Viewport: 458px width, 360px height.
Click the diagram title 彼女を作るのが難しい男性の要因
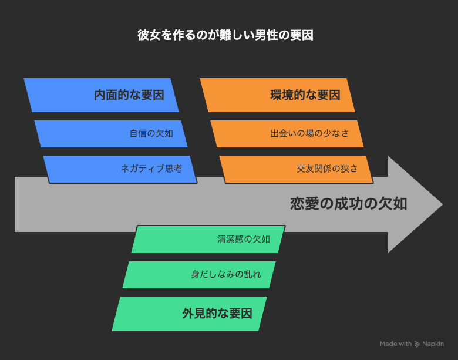225,35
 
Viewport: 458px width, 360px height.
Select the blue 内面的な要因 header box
101,95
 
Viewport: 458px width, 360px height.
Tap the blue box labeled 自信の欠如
111,134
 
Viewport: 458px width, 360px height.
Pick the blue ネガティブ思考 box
120,170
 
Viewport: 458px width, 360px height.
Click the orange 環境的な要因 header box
277,95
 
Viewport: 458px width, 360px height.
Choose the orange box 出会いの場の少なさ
287,134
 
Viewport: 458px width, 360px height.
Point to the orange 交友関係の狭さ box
296,170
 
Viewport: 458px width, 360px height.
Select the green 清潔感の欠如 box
208,240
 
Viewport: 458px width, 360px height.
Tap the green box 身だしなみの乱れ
199,275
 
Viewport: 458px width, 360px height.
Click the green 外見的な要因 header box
189,314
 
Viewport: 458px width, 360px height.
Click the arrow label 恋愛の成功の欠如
348,204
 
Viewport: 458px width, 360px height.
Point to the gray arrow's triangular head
415,204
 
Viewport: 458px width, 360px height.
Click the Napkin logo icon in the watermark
417,344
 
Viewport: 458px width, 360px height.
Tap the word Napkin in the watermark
433,344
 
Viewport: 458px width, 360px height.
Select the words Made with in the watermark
396,344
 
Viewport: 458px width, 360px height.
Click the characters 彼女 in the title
149,35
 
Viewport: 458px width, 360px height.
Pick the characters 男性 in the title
267,35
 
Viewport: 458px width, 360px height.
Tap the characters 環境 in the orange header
282,95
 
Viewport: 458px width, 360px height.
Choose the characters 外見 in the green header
194,314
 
